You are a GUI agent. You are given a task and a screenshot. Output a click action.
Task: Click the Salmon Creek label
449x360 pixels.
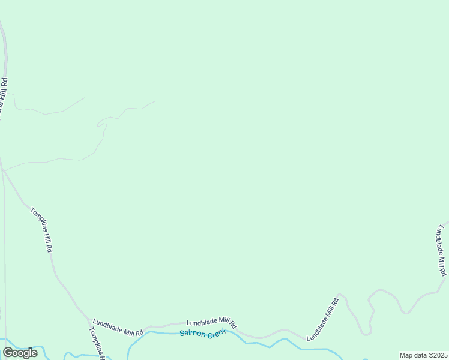point(202,333)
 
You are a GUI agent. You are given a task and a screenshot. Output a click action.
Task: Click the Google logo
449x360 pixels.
point(20,353)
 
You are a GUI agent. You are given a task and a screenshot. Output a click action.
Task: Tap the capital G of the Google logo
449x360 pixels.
point(8,352)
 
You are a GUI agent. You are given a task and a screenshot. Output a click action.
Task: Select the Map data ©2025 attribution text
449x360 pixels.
point(423,355)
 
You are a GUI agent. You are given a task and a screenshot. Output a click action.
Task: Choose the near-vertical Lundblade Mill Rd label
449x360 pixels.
point(442,250)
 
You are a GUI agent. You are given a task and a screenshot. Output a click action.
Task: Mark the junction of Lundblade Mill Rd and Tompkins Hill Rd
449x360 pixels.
point(88,319)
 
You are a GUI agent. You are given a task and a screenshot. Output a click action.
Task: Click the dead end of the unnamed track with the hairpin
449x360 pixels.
point(155,101)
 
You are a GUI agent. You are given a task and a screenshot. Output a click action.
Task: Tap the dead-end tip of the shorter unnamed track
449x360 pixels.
point(85,98)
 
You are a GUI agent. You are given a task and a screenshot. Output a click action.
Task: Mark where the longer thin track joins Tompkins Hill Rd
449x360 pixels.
point(4,170)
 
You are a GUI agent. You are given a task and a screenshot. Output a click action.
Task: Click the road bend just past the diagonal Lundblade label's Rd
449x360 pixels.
point(340,296)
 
